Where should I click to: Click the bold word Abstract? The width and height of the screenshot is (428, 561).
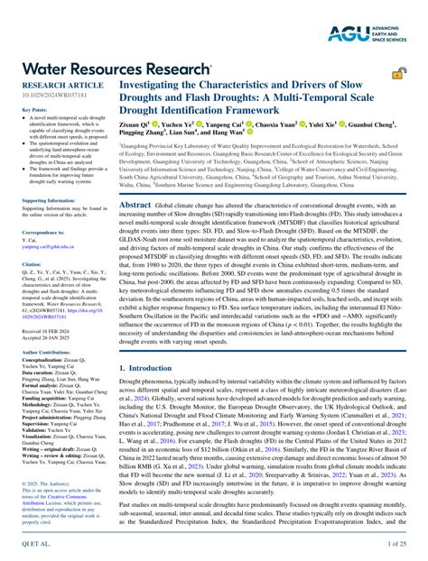pos(135,206)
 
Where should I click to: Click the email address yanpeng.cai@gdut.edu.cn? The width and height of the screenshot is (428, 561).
pos(49,246)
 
